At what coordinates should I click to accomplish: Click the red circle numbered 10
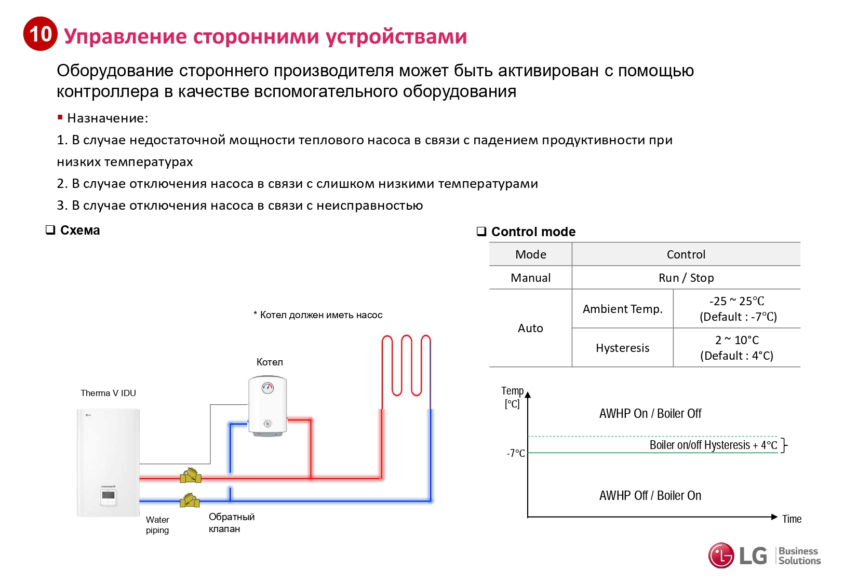(x=40, y=34)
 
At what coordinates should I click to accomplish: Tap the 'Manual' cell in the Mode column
(x=530, y=278)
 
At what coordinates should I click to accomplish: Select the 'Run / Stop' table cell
(x=686, y=278)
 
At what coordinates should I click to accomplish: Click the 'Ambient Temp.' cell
(x=622, y=309)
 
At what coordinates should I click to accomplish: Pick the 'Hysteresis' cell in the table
(x=622, y=348)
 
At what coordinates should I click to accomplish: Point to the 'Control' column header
(x=686, y=254)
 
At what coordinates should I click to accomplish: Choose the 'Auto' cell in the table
(x=530, y=328)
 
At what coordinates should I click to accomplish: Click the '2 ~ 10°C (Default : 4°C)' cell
(x=736, y=348)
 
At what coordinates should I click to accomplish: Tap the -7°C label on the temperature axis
(x=516, y=453)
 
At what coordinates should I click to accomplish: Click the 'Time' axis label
(x=792, y=519)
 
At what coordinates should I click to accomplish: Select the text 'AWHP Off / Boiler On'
(x=650, y=496)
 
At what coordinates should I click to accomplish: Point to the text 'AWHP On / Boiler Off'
(x=650, y=414)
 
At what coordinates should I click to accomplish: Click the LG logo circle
(x=721, y=555)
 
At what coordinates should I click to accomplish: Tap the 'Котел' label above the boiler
(x=270, y=362)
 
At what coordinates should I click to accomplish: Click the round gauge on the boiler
(x=267, y=387)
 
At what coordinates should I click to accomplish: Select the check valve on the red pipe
(x=191, y=476)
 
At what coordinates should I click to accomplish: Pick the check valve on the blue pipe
(x=190, y=500)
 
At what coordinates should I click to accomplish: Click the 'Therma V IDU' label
(x=108, y=393)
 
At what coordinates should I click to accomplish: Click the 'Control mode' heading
(x=533, y=232)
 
